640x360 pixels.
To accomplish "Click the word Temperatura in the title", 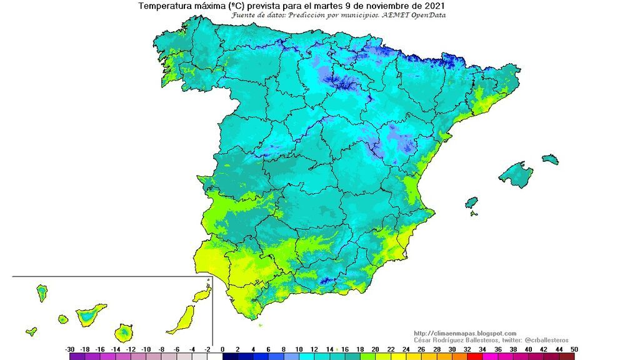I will (164, 6).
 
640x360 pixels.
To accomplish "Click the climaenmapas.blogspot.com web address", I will (465, 333).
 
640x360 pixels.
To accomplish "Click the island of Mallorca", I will (516, 174).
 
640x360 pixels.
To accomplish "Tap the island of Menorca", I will (550, 159).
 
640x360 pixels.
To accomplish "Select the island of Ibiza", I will (472, 203).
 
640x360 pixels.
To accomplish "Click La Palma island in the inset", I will (42, 292).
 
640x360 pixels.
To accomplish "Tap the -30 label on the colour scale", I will (70, 349).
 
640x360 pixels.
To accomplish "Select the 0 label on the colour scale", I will (222, 349).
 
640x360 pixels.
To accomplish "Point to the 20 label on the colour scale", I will (376, 349).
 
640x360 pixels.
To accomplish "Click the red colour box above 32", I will (475, 356).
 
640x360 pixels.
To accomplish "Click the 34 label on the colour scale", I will (482, 349).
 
